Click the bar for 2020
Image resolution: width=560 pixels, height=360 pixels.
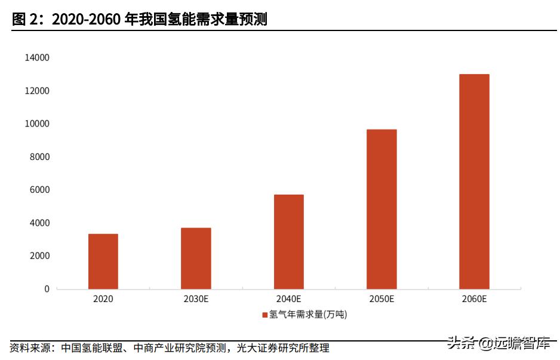tap(103, 261)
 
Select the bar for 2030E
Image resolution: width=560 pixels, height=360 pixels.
tap(196, 259)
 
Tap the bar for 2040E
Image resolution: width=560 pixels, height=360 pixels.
tap(289, 242)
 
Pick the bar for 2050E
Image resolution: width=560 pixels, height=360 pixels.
tap(381, 209)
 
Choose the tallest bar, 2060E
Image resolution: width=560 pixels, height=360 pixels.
tap(474, 181)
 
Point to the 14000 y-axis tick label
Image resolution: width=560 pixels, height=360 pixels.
tap(37, 58)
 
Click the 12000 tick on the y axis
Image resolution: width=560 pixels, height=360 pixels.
tap(37, 91)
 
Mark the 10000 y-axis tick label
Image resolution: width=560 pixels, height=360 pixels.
tap(37, 124)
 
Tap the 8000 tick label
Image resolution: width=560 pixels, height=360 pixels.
tap(39, 157)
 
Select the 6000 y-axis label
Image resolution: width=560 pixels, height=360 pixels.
tap(39, 190)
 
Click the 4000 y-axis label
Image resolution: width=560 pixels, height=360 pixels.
tap(39, 223)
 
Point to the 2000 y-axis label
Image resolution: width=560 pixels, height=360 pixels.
tap(39, 256)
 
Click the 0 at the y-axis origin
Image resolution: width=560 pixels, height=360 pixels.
tap(47, 289)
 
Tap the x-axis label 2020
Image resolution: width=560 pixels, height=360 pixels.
tap(103, 299)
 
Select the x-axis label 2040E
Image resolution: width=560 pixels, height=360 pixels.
tap(289, 299)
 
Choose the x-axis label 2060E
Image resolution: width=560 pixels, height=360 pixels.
tap(474, 299)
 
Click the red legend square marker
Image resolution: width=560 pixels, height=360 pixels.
tap(264, 315)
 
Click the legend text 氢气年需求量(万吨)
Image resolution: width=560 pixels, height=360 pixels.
tap(308, 315)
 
